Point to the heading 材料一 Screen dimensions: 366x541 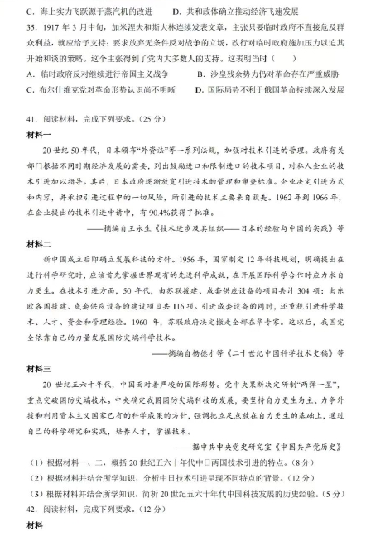point(40,132)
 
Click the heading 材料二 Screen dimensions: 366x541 point(40,245)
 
